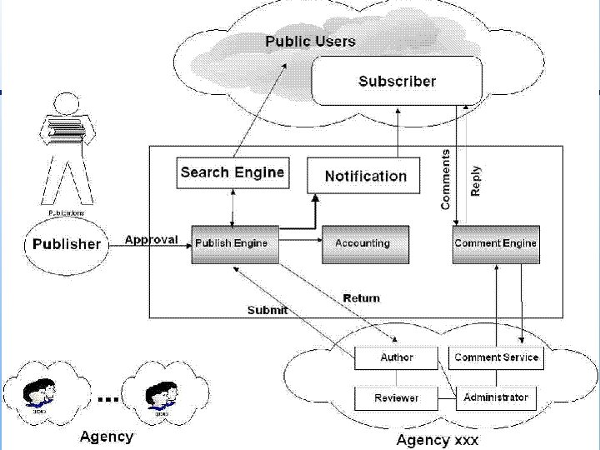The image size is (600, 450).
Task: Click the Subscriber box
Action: pyautogui.click(x=397, y=81)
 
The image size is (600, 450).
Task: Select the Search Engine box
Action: pyautogui.click(x=232, y=172)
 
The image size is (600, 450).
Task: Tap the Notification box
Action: pyautogui.click(x=364, y=176)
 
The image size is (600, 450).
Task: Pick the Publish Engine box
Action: pyautogui.click(x=234, y=244)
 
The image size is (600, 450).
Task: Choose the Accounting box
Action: pyautogui.click(x=365, y=244)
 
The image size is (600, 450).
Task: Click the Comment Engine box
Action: pyautogui.click(x=496, y=244)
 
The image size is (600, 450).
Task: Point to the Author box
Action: pyautogui.click(x=397, y=357)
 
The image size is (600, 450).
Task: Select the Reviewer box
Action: pyautogui.click(x=397, y=397)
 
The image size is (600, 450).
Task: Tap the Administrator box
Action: pyautogui.click(x=496, y=397)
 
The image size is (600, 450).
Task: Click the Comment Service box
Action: pyautogui.click(x=496, y=357)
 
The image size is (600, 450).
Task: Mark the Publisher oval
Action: pyautogui.click(x=66, y=245)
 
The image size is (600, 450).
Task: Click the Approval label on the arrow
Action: pyautogui.click(x=151, y=240)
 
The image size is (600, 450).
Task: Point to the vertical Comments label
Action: pyautogui.click(x=446, y=179)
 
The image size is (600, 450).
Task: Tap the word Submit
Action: pyautogui.click(x=267, y=310)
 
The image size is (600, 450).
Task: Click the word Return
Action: pyautogui.click(x=361, y=297)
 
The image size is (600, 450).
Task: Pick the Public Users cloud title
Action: pyautogui.click(x=310, y=41)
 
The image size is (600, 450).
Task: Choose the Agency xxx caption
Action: pyautogui.click(x=437, y=439)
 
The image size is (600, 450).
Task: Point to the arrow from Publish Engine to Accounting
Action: pyautogui.click(x=300, y=242)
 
